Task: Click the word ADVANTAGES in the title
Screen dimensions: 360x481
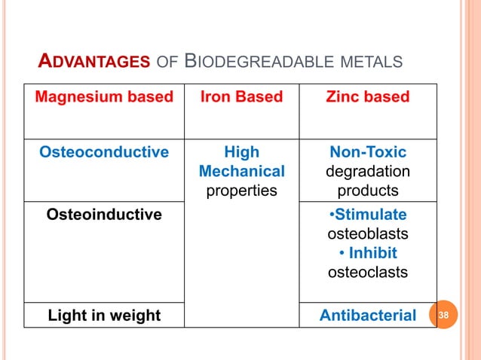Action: coord(93,61)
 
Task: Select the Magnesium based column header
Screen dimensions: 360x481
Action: coord(104,96)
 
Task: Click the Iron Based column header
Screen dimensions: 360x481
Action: coord(241,96)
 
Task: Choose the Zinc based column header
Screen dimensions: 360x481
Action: coord(368,96)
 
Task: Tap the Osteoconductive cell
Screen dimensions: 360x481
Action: coord(104,152)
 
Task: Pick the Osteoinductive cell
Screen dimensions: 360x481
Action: coord(104,215)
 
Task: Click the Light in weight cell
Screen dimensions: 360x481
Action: coord(104,315)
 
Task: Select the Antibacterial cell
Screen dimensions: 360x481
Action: coord(368,315)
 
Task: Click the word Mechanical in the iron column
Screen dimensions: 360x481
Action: coord(241,172)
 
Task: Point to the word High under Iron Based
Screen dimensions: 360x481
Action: coord(241,152)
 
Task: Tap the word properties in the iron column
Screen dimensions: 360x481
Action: coord(241,191)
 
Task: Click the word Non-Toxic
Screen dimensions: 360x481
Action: coord(368,152)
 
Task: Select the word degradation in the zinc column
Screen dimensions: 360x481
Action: coord(368,172)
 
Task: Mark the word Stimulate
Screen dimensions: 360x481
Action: coord(369,215)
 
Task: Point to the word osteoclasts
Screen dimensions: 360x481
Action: coord(368,271)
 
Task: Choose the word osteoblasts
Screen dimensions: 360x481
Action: coord(368,233)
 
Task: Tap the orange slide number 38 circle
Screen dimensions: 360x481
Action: coord(443,315)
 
